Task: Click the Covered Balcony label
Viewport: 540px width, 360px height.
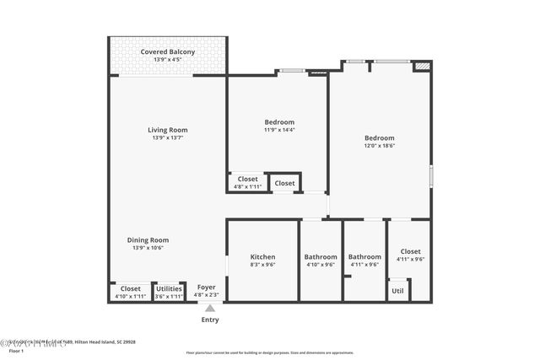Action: [167, 51]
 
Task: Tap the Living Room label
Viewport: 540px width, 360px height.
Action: [167, 130]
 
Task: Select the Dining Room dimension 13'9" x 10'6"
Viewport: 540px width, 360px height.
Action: [148, 248]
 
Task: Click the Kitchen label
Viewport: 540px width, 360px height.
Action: [262, 257]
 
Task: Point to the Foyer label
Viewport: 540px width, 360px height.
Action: [206, 287]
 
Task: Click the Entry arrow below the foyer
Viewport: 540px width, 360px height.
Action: [209, 309]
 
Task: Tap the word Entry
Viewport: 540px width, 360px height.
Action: [209, 320]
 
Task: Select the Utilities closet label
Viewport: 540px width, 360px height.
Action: [170, 288]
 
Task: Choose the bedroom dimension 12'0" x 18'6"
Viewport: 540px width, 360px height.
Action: [379, 146]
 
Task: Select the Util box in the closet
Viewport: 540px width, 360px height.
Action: [397, 291]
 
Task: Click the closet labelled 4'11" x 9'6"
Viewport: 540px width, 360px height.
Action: [410, 255]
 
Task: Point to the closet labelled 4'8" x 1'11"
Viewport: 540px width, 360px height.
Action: [247, 182]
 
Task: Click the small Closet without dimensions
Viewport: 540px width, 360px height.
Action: [284, 183]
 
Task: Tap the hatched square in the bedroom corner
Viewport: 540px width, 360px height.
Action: [423, 65]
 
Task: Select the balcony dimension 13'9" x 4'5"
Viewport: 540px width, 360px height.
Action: [167, 60]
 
